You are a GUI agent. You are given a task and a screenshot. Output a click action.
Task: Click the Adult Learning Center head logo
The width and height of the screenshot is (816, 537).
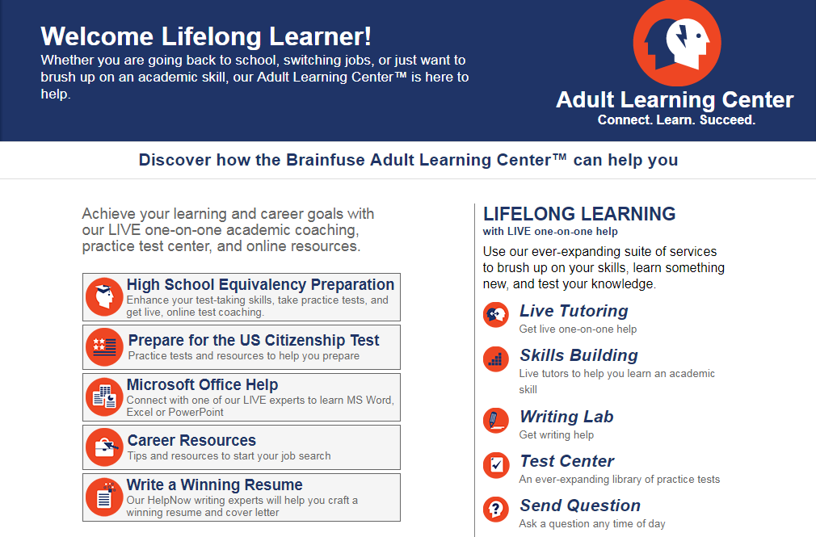point(676,43)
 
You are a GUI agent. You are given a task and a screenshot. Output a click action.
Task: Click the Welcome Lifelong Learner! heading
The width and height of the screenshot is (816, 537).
point(206,36)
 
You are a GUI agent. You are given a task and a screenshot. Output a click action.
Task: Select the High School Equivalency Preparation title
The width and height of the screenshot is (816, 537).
point(260,285)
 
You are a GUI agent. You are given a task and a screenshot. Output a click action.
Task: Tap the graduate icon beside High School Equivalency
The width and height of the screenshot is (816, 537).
point(104,297)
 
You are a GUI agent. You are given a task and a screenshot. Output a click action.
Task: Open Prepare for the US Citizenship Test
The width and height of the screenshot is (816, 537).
point(254,341)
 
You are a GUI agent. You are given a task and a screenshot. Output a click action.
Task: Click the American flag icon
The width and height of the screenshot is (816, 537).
point(104,347)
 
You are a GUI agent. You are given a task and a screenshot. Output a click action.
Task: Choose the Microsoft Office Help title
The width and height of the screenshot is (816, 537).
point(202,385)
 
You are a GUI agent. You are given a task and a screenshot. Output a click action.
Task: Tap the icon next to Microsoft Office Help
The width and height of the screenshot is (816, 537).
point(104,397)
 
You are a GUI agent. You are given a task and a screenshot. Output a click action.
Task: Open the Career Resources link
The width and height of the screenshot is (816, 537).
point(191,441)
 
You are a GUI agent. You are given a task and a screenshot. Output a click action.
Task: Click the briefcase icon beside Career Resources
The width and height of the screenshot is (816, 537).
point(104,447)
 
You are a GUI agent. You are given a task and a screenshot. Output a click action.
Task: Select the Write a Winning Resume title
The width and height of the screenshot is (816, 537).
point(214,485)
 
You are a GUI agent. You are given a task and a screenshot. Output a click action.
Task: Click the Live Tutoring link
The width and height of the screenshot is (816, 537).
point(574,312)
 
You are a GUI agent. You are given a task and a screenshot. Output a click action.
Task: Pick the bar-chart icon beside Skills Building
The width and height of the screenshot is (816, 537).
point(495,359)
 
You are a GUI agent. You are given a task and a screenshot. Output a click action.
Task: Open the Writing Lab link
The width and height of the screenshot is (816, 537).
point(566,417)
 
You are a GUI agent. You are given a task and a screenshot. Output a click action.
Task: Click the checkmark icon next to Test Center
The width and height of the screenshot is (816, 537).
point(495,464)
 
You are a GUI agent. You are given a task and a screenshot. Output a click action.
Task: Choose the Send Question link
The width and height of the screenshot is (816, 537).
point(580,506)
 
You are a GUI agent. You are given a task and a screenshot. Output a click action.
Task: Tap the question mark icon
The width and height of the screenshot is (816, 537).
point(495,510)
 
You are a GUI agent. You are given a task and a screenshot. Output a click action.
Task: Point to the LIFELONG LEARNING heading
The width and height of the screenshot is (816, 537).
point(579,214)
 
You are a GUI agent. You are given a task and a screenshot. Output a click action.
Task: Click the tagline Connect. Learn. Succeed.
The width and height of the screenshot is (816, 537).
point(676,120)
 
